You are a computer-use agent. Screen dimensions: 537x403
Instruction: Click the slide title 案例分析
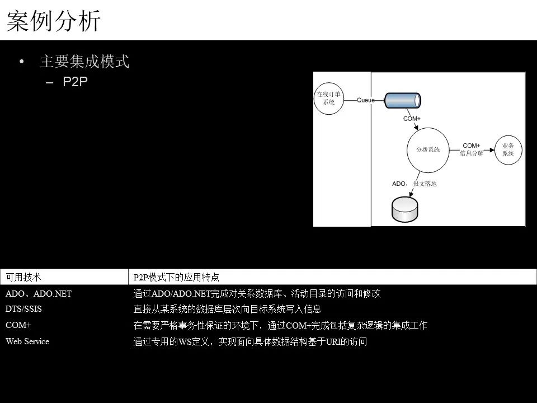pyautogui.click(x=54, y=21)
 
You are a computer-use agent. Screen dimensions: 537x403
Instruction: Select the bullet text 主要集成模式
pyautogui.click(x=84, y=62)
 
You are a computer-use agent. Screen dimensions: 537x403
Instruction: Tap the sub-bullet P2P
pyautogui.click(x=75, y=82)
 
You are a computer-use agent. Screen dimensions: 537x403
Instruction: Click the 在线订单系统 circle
pyautogui.click(x=329, y=99)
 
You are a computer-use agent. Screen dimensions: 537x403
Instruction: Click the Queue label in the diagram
pyautogui.click(x=366, y=100)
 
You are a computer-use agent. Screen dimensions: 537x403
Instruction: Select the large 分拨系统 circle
pyautogui.click(x=427, y=150)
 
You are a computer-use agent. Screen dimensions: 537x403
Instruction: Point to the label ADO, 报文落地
pyautogui.click(x=414, y=184)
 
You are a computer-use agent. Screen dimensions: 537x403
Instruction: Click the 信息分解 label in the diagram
pyautogui.click(x=472, y=153)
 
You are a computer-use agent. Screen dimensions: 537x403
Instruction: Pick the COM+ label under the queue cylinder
pyautogui.click(x=412, y=119)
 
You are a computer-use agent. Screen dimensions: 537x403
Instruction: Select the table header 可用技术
pyautogui.click(x=23, y=277)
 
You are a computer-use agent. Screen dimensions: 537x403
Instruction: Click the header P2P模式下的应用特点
pyautogui.click(x=176, y=277)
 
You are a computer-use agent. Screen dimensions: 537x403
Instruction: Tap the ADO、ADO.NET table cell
pyautogui.click(x=39, y=293)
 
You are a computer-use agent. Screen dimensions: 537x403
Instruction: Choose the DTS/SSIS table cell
pyautogui.click(x=23, y=309)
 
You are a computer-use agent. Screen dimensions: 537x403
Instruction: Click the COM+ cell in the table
pyautogui.click(x=18, y=325)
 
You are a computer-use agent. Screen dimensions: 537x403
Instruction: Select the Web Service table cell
pyautogui.click(x=27, y=341)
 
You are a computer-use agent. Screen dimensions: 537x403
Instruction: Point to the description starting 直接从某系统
pyautogui.click(x=227, y=309)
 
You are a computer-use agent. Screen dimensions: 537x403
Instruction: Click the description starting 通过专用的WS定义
pyautogui.click(x=250, y=341)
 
